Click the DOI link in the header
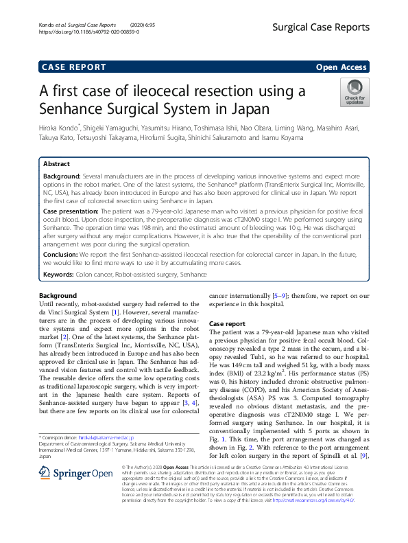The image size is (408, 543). (x=82, y=32)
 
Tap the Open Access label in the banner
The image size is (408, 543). (x=341, y=67)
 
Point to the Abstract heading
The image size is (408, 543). (x=56, y=165)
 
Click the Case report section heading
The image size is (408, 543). (x=227, y=323)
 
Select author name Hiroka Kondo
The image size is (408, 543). (x=61, y=127)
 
